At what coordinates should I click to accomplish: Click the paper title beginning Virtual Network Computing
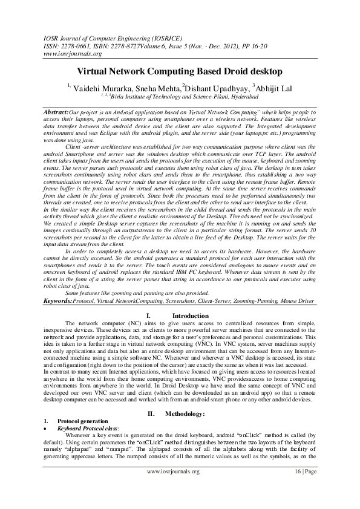(180, 71)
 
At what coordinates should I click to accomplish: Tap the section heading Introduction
(190, 316)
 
